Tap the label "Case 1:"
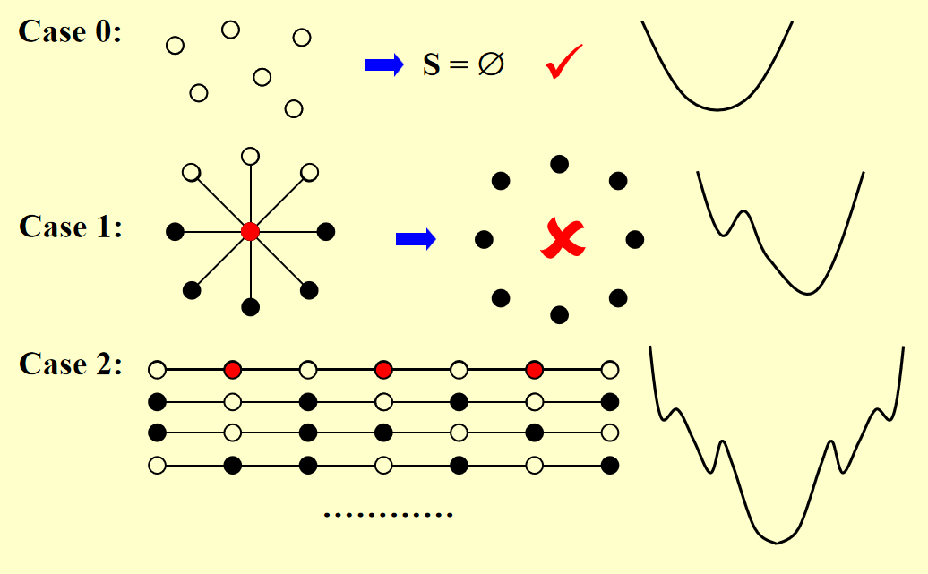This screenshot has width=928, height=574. click(71, 227)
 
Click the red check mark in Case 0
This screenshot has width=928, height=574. click(563, 62)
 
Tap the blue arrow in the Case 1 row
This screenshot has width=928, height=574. click(416, 238)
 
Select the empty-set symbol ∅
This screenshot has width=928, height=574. click(490, 64)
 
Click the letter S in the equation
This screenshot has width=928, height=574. click(432, 64)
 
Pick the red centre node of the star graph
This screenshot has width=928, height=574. click(251, 232)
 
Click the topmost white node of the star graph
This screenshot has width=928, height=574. click(251, 157)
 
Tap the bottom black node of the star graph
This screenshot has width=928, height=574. click(251, 307)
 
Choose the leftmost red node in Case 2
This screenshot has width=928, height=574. click(233, 369)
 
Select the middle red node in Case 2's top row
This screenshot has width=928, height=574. click(384, 369)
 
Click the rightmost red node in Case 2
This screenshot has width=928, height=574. click(535, 369)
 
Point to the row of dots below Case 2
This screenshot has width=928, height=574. click(389, 515)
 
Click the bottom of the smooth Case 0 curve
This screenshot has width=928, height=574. click(717, 109)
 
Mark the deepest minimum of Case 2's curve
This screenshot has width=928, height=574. click(776, 541)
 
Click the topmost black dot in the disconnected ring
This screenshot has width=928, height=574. click(560, 164)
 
